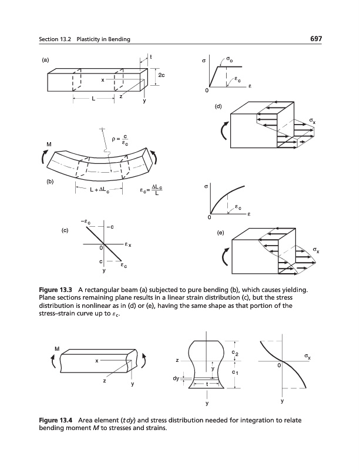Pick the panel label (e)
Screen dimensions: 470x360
click(x=220, y=233)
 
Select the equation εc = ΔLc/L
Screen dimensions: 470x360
click(x=152, y=190)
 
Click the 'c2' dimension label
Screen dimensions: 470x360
click(x=234, y=353)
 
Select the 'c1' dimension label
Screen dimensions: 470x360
click(x=234, y=372)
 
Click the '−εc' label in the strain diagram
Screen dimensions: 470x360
click(x=86, y=221)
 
